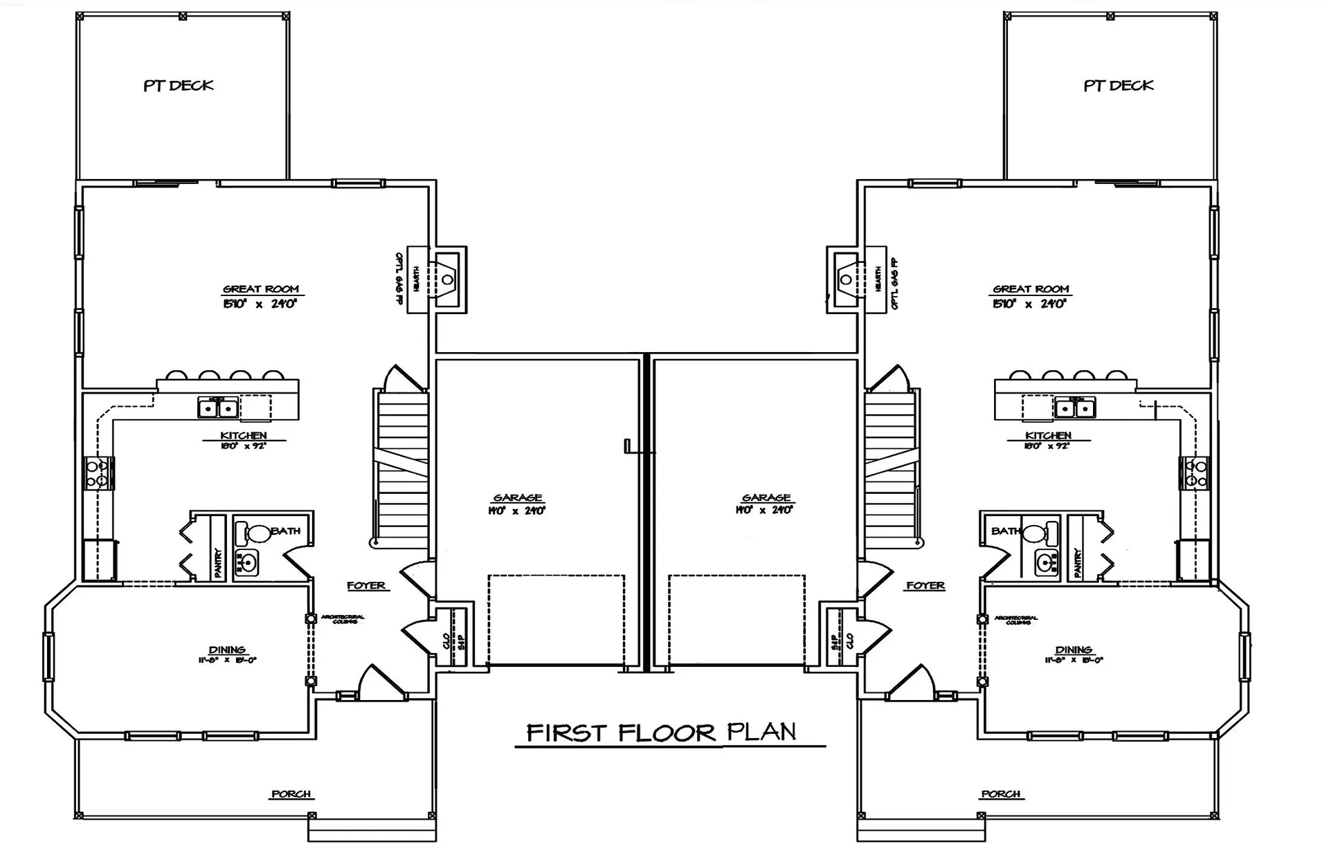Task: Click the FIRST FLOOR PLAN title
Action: [x=661, y=733]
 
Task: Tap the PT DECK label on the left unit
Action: [x=179, y=86]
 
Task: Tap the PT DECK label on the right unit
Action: [x=1118, y=86]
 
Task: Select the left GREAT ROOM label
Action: [x=261, y=289]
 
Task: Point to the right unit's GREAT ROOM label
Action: [x=1031, y=289]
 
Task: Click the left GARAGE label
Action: [x=518, y=498]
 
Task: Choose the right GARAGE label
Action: [x=766, y=498]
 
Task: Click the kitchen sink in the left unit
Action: [x=218, y=408]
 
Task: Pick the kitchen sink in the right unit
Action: [x=1075, y=408]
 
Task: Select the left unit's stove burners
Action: [x=97, y=473]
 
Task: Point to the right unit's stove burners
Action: [x=1195, y=473]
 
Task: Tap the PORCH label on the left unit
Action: [x=291, y=794]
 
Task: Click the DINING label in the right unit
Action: [x=1074, y=650]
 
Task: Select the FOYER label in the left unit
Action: [x=366, y=586]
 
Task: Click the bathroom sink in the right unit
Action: [x=1046, y=563]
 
